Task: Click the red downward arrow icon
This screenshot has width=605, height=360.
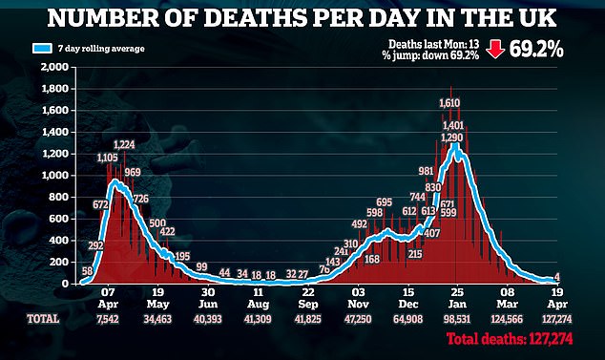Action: point(495,50)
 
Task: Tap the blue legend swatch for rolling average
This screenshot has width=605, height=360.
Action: point(42,49)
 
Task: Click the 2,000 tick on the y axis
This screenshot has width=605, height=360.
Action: point(54,67)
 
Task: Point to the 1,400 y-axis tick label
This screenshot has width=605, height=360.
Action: point(55,132)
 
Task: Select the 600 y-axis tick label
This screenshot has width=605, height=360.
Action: point(60,219)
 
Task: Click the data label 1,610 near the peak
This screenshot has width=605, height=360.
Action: point(449,103)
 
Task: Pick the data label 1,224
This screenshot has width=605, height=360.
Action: point(124,145)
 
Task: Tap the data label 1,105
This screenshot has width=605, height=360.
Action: point(107,158)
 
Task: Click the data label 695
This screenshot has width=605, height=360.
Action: point(384,202)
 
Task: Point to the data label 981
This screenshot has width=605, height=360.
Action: point(426,171)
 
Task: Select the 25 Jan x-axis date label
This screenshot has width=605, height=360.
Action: point(458,298)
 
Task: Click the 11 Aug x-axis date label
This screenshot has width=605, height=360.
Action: point(258,298)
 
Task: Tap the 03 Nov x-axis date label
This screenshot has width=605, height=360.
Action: point(358,298)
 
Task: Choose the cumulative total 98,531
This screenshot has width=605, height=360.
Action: point(457,320)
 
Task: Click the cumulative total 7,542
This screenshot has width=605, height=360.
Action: point(108,320)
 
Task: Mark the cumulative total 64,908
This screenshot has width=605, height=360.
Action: point(407,320)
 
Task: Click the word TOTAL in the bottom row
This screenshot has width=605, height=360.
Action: point(43,319)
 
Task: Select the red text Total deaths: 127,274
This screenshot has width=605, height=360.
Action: point(510,339)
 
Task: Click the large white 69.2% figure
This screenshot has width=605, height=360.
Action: point(536,50)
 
